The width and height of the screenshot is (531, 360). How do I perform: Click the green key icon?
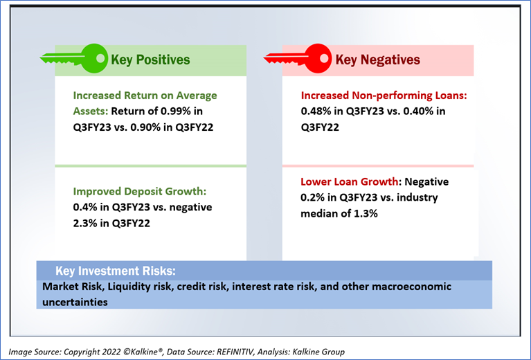click(x=82, y=57)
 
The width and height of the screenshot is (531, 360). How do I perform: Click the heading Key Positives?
click(x=150, y=60)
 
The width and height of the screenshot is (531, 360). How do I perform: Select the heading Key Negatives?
click(x=377, y=60)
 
